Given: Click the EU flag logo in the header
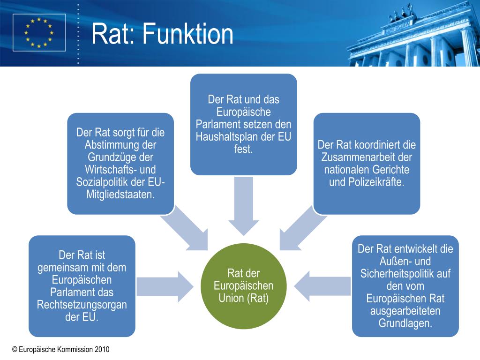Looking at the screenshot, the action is tap(39, 32).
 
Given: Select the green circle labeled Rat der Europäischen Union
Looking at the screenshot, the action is tap(243, 286).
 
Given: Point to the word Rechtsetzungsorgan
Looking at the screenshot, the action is tap(82, 305).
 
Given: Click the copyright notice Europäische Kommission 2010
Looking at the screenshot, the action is tap(61, 349).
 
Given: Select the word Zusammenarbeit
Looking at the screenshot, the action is tap(367, 157).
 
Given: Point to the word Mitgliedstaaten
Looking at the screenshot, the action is tap(120, 194).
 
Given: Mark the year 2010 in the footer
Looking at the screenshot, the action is tap(102, 349).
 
